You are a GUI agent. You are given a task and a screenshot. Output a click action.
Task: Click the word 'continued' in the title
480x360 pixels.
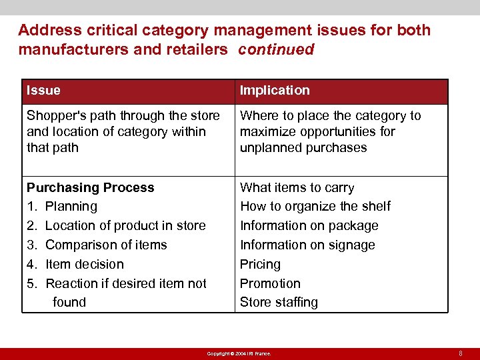click(x=276, y=50)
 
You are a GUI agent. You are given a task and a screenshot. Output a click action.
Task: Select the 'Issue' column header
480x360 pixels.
click(x=43, y=90)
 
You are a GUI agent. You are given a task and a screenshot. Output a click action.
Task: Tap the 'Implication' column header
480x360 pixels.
click(x=275, y=90)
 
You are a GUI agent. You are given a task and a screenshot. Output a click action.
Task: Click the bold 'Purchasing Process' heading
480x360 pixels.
click(x=90, y=188)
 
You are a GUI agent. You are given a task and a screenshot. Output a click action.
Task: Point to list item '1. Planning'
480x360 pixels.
click(x=62, y=207)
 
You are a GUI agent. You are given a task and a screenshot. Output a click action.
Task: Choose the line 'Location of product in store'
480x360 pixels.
click(x=125, y=226)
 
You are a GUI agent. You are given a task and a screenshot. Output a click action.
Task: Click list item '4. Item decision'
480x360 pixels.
click(x=75, y=264)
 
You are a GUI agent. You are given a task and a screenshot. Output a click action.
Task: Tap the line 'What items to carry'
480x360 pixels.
click(x=297, y=188)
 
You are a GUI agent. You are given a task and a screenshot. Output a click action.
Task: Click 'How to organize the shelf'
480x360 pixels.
click(x=315, y=207)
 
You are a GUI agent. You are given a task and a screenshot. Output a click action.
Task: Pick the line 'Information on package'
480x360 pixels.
click(x=309, y=226)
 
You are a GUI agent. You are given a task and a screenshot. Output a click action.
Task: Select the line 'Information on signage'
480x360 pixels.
click(x=307, y=245)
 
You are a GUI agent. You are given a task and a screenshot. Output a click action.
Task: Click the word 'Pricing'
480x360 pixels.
click(x=260, y=264)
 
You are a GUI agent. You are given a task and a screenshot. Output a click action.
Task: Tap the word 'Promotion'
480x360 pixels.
click(x=270, y=283)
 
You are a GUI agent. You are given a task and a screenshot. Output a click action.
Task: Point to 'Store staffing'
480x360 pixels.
click(x=279, y=302)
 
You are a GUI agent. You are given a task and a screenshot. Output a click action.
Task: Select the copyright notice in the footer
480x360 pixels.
click(x=239, y=353)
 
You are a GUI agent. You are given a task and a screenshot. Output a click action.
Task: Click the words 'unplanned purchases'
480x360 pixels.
click(x=303, y=147)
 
